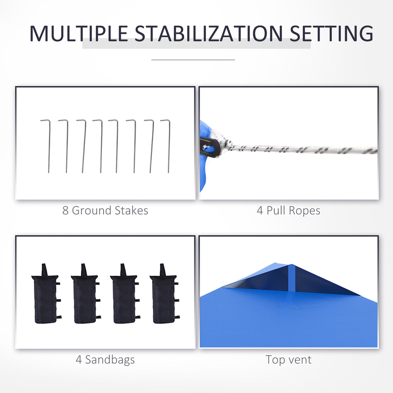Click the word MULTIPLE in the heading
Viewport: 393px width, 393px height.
79,33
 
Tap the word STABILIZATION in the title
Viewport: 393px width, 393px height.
209,33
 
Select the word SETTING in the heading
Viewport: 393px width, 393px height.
332,33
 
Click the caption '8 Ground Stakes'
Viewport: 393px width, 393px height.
105,211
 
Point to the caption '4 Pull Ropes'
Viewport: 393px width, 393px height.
289,211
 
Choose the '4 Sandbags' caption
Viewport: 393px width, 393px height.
105,360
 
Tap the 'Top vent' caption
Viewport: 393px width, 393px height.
289,360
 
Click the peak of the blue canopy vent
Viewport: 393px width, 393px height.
291,265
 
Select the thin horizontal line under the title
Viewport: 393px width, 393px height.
193,60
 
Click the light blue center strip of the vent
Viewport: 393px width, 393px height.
292,278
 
